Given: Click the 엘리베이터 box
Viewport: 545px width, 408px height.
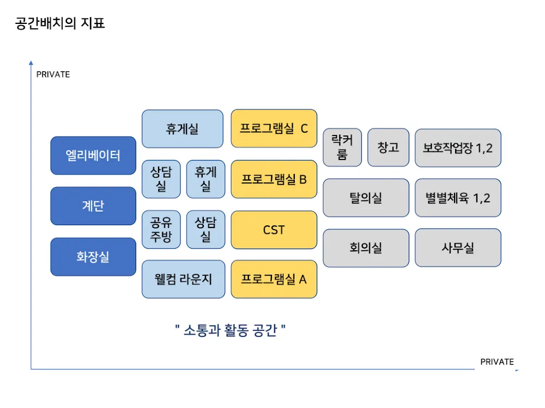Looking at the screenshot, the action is click(93, 156).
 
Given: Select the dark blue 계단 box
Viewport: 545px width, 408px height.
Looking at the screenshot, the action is click(93, 206).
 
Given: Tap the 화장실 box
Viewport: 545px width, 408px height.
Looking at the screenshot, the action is click(93, 257).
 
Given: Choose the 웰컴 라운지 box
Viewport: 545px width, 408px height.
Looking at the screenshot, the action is click(183, 279).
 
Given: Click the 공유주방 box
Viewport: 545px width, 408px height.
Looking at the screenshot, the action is click(161, 230).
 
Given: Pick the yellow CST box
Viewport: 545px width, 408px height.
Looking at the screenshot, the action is click(274, 230).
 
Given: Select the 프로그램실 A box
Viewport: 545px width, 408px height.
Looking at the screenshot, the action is click(274, 279).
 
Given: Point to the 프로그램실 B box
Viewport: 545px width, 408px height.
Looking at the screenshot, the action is click(274, 179).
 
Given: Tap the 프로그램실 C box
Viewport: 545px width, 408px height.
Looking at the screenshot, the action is click(274, 129).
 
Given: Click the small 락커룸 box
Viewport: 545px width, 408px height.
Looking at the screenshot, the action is click(342, 147).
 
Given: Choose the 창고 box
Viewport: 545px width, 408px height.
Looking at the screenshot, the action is click(388, 147).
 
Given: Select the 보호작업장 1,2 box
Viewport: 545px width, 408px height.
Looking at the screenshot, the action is click(458, 147).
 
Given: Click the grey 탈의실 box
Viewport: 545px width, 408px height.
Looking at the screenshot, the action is click(366, 198).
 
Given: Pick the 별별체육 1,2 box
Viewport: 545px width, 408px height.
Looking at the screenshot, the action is click(458, 198).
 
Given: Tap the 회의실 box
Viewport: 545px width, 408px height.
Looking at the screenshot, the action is click(366, 248).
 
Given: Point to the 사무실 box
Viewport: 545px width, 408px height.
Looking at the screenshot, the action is click(458, 248).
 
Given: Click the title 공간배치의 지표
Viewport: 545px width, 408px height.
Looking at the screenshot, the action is click(60, 24).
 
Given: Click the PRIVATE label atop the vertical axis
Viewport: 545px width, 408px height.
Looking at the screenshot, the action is click(53, 75).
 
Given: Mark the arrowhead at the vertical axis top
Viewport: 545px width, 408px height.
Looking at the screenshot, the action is click(31, 63).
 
